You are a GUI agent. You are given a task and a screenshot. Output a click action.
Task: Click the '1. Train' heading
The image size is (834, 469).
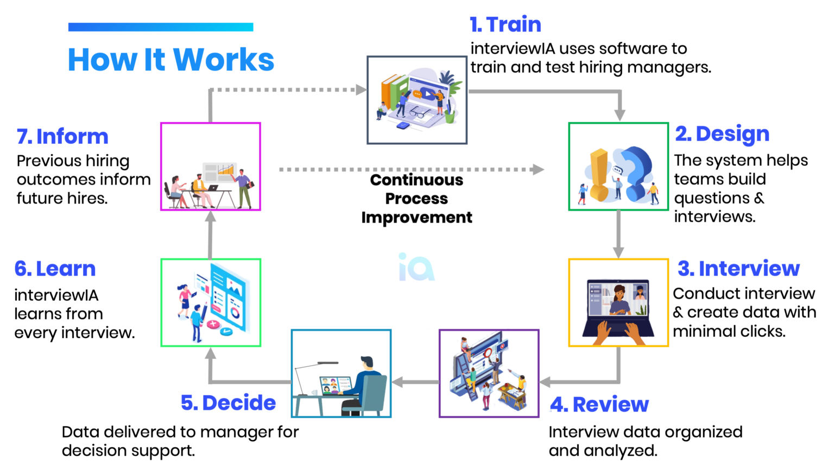(x=506, y=24)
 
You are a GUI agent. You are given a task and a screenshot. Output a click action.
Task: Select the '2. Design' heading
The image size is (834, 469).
(x=722, y=135)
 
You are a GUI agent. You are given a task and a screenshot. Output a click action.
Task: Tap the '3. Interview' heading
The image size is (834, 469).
(x=738, y=268)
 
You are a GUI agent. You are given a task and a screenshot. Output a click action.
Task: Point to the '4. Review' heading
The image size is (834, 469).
(x=599, y=404)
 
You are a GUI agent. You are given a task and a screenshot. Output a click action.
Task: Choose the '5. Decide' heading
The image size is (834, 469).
(x=228, y=403)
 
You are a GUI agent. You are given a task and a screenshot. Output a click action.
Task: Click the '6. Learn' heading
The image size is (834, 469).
(x=55, y=269)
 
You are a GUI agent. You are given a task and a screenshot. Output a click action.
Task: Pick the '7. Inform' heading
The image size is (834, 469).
(x=62, y=136)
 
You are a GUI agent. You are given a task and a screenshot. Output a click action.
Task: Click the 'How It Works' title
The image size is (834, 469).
(x=171, y=60)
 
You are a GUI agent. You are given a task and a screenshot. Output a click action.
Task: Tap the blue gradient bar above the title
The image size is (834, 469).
(x=161, y=27)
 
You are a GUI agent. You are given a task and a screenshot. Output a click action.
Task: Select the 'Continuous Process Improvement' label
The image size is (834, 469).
(x=416, y=199)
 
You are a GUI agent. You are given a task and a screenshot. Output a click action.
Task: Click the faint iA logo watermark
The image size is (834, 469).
(x=416, y=267)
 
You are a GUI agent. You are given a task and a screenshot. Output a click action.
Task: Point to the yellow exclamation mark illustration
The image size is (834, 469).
(x=598, y=175)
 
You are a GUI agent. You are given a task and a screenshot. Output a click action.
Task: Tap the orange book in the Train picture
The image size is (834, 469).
(x=387, y=92)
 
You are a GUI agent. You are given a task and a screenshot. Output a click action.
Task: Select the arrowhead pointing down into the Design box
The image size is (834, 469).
(x=620, y=115)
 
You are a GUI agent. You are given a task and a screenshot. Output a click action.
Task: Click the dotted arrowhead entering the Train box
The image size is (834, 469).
(x=361, y=90)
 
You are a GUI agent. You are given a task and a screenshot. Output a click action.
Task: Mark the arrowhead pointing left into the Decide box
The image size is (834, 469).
(x=397, y=382)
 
